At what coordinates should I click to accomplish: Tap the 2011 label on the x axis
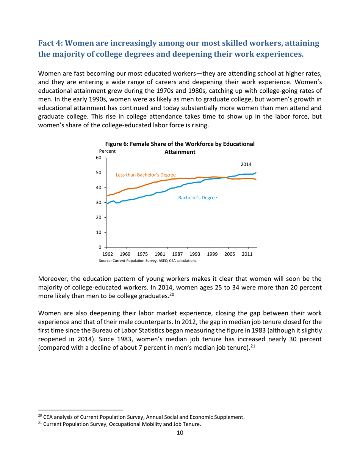247,254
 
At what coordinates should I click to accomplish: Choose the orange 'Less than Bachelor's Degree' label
146,175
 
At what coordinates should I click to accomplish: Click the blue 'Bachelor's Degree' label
197,198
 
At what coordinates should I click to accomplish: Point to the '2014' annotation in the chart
246,164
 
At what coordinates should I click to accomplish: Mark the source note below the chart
148,261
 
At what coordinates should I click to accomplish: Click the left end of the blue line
108,203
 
